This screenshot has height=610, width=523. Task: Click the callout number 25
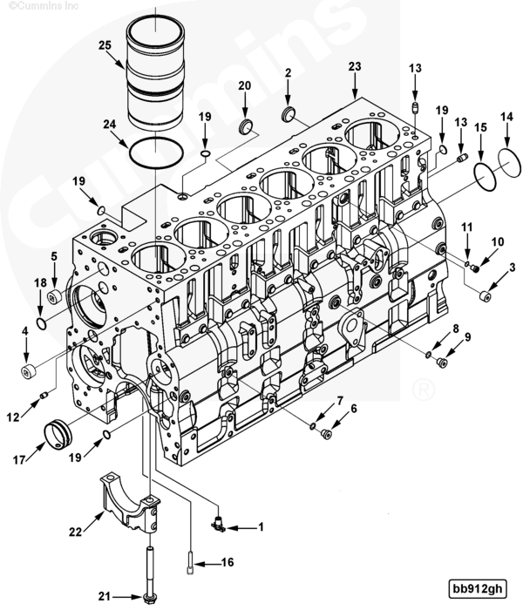105,44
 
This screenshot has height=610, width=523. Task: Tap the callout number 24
109,125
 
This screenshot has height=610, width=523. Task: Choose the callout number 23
354,66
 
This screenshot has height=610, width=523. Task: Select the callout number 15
480,127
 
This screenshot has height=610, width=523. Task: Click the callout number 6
354,409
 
